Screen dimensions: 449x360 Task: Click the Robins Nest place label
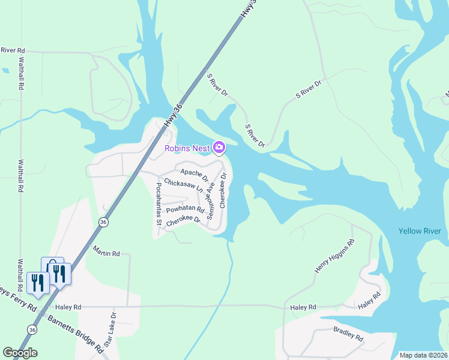[x=187, y=148]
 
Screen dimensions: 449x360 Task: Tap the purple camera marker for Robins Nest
[x=219, y=147]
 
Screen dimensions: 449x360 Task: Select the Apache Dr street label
[x=194, y=175]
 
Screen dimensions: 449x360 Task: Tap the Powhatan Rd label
[x=185, y=209]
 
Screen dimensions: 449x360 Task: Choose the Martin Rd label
[x=106, y=254]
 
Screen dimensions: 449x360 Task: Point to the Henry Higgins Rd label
[x=334, y=257]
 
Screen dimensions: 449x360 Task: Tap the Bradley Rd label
[x=349, y=334]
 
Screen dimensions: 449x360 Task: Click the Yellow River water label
[x=420, y=231]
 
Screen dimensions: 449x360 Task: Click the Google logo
[x=20, y=353]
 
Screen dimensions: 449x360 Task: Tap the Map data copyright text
[x=423, y=355]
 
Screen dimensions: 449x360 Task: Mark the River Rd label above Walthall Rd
[x=13, y=50]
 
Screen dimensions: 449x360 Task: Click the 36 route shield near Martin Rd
[x=104, y=222]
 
